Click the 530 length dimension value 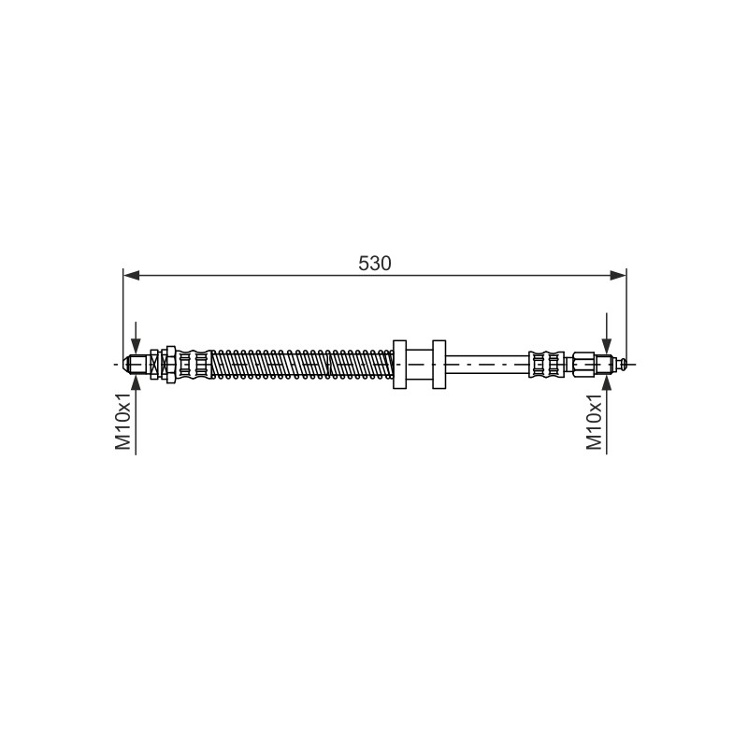pos(375,264)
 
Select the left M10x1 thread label pos(123,422)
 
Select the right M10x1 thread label pos(595,422)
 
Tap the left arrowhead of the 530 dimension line pos(131,275)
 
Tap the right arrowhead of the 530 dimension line pos(618,275)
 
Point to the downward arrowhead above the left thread pos(136,345)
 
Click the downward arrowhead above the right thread pos(606,345)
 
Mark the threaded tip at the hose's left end pos(135,365)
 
